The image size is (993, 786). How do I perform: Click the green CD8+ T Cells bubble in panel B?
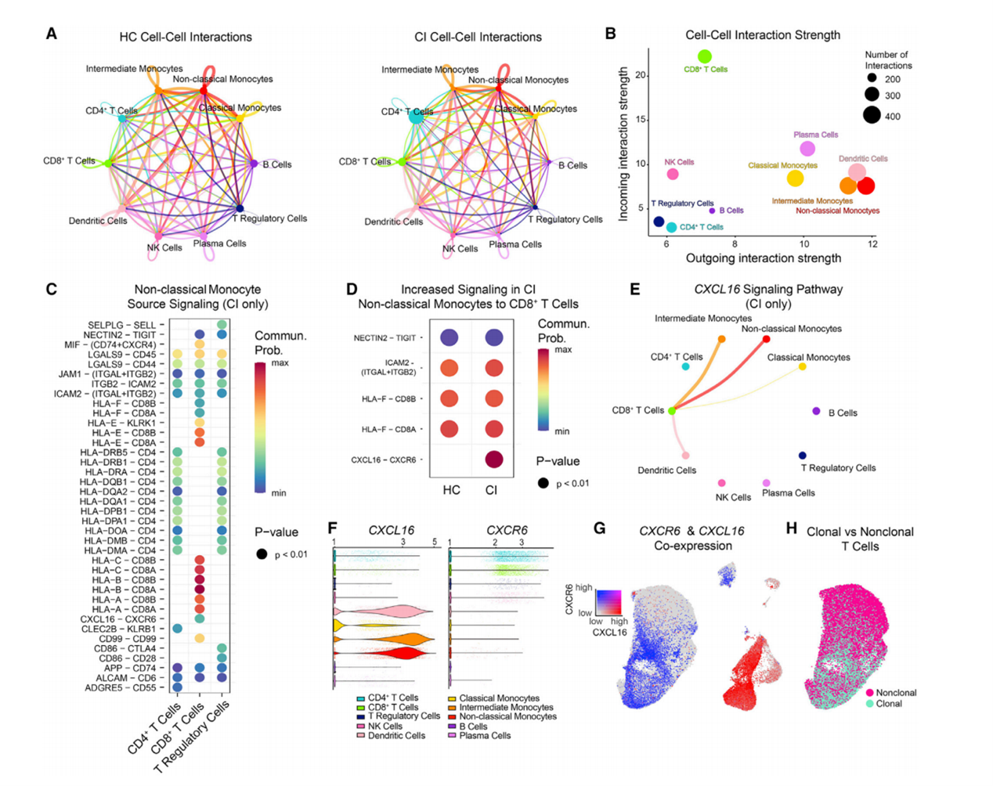pyautogui.click(x=705, y=56)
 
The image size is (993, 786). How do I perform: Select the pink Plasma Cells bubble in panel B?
pyautogui.click(x=807, y=149)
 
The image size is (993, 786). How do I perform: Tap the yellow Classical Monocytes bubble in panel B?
pyautogui.click(x=795, y=178)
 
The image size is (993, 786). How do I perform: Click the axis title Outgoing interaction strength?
pyautogui.click(x=764, y=258)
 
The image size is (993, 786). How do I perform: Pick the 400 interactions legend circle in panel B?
pyautogui.click(x=872, y=116)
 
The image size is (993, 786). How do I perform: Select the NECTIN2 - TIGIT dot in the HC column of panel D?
pyautogui.click(x=450, y=337)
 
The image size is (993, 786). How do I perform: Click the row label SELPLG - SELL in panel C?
pyautogui.click(x=121, y=325)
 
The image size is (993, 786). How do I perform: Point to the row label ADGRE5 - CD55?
pyautogui.click(x=121, y=688)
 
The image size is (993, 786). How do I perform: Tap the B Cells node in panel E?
pyautogui.click(x=816, y=411)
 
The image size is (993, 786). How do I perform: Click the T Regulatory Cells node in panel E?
pyautogui.click(x=803, y=456)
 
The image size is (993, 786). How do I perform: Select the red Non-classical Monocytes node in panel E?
pyautogui.click(x=766, y=339)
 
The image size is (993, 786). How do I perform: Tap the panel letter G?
pyautogui.click(x=599, y=528)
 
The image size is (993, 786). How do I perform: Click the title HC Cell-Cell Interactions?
pyautogui.click(x=186, y=37)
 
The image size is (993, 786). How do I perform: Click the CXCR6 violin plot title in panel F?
pyautogui.click(x=507, y=530)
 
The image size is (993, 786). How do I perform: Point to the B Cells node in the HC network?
pyautogui.click(x=254, y=164)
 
